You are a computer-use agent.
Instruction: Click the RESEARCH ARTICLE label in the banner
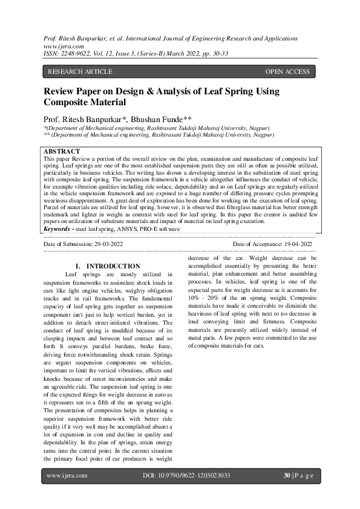[80, 72]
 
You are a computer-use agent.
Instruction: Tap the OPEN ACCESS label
[287, 72]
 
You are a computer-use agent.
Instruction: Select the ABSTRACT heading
[62, 151]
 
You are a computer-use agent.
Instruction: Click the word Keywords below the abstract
[61, 229]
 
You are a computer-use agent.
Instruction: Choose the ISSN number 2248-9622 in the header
[77, 53]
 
